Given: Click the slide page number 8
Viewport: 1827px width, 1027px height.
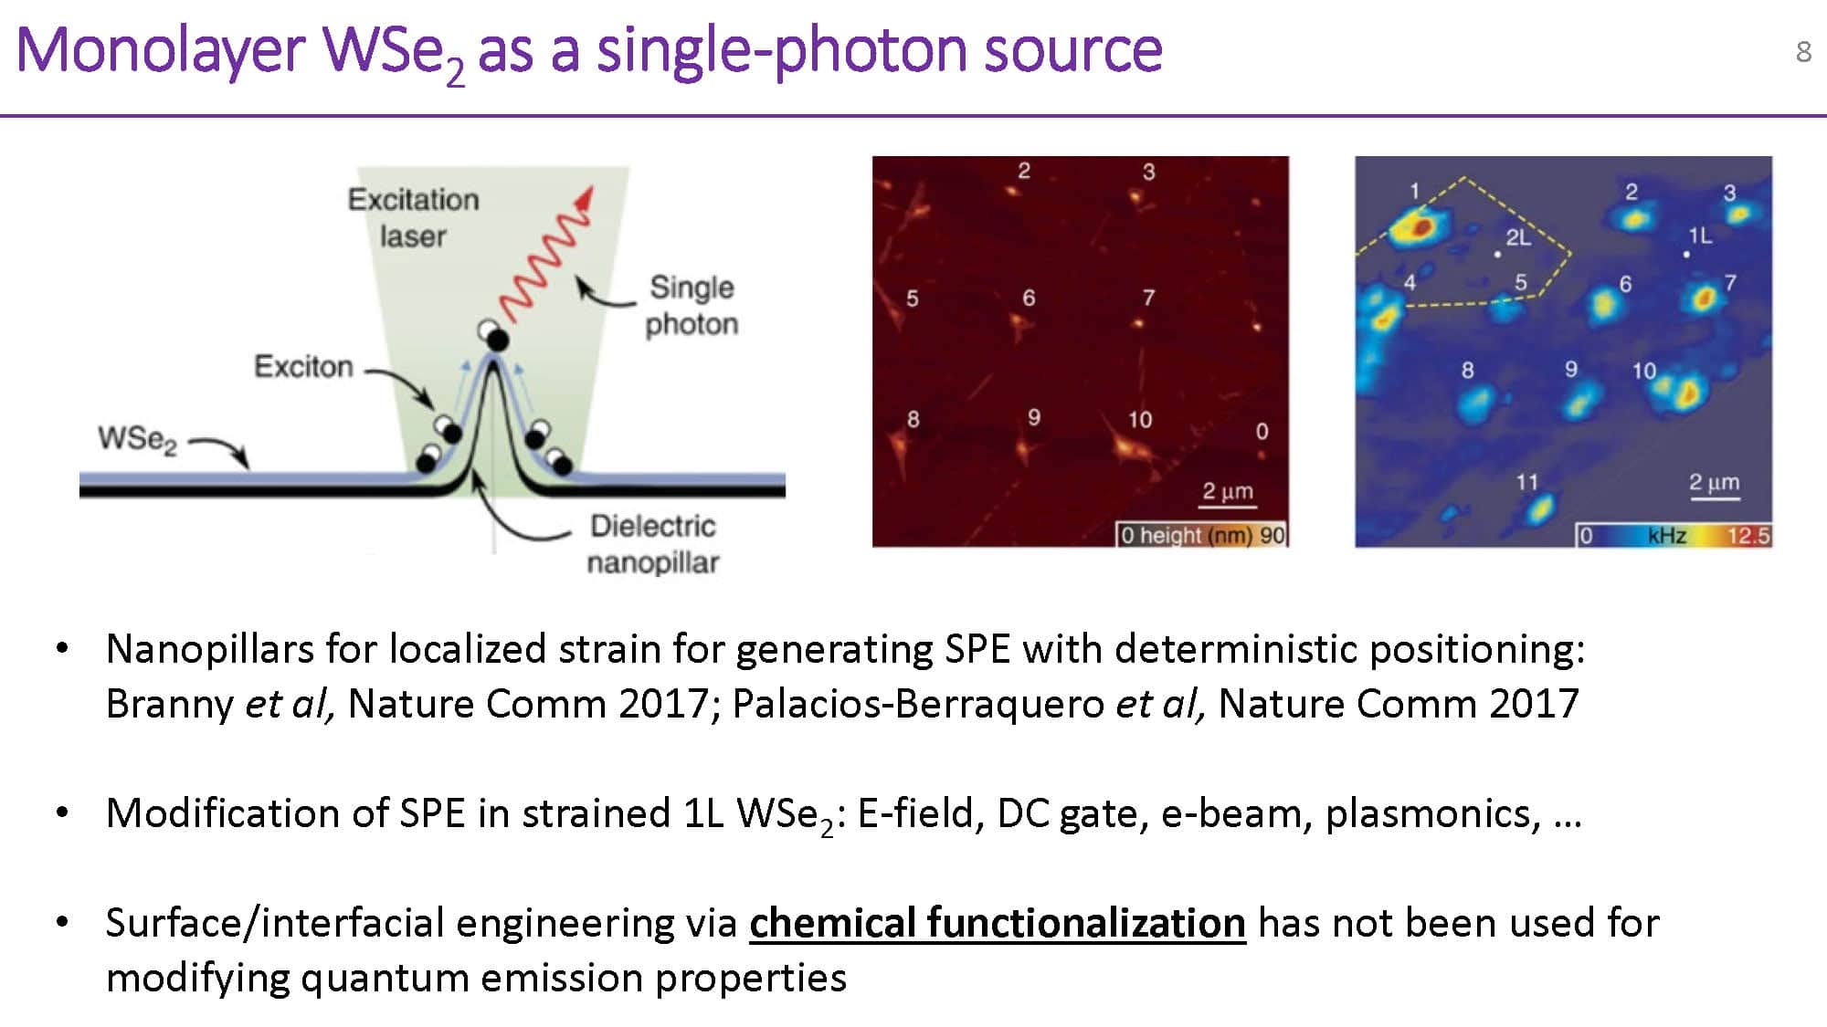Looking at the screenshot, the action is coord(1803,52).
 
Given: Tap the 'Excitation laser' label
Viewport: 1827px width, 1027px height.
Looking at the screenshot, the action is coord(413,217).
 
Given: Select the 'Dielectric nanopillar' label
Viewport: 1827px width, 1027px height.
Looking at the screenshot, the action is coord(653,544).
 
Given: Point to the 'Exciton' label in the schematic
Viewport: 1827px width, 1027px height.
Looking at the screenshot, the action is coord(303,366).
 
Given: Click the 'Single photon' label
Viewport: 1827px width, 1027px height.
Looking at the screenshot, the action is coord(692,305).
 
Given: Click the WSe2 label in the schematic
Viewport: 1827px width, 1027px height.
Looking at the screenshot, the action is coord(137,439).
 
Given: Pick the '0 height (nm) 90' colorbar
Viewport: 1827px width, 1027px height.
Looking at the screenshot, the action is coord(1202,535).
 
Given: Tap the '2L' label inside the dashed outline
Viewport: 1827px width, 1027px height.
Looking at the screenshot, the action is coord(1518,237).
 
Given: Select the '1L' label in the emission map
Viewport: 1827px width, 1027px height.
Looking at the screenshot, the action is coord(1700,236).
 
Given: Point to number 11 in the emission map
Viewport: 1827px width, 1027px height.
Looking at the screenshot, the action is coord(1527,481).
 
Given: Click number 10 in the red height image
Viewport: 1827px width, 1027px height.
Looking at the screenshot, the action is coord(1140,419).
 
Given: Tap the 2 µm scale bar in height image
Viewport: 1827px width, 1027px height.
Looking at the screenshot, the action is coord(1228,504).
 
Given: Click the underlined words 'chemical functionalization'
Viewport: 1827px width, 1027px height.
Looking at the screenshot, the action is coord(998,923).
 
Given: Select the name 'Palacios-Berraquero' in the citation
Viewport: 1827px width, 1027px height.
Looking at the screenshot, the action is coord(918,704).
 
